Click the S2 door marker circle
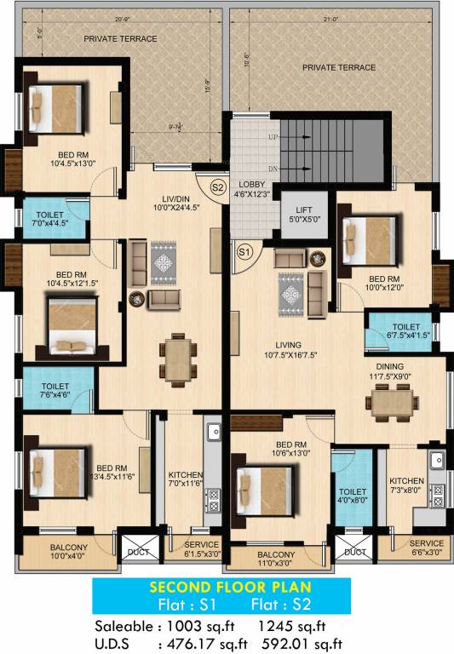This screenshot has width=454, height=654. [x=216, y=186]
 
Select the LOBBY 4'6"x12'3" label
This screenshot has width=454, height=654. [x=253, y=189]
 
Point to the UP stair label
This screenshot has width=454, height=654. [x=273, y=137]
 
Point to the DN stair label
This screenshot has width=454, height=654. [x=273, y=169]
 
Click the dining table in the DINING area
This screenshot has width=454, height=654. [x=393, y=399]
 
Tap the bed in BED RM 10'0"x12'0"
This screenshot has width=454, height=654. [x=368, y=238]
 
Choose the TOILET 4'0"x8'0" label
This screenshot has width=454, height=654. [x=353, y=496]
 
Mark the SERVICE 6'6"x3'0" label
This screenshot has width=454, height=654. [x=426, y=548]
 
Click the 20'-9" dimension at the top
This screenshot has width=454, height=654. [x=119, y=20]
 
